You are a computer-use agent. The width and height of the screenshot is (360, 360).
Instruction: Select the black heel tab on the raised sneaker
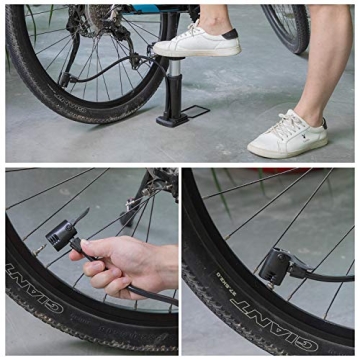(x=230, y=33)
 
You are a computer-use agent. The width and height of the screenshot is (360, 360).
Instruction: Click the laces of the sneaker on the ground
(x=285, y=126)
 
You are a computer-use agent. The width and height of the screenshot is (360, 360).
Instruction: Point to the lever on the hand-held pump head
(x=81, y=217)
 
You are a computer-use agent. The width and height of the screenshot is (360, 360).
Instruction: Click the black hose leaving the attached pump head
(x=320, y=276)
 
